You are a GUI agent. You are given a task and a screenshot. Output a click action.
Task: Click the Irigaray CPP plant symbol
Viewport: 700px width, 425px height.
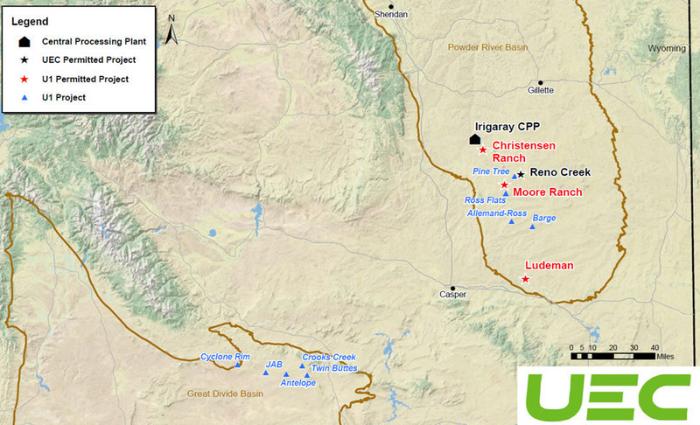(474, 138)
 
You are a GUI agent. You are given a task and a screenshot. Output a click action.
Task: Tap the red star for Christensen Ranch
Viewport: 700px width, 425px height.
(483, 150)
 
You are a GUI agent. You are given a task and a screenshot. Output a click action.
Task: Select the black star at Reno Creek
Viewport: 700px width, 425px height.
(521, 174)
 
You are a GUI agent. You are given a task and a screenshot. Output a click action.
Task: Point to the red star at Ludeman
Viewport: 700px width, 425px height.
(525, 279)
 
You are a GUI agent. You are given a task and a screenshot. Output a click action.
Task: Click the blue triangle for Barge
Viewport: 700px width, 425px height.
(532, 227)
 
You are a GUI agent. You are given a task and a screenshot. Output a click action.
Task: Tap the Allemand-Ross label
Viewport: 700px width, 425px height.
(496, 212)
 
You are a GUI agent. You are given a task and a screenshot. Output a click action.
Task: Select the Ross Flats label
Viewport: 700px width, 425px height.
(485, 200)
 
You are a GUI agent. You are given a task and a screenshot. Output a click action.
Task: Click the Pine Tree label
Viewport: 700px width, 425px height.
(491, 171)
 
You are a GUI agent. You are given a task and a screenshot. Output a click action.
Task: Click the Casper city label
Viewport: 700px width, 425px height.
(453, 295)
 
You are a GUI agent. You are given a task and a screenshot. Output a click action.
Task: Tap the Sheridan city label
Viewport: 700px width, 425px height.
(391, 15)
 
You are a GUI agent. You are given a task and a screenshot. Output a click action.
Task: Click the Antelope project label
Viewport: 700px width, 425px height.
(297, 383)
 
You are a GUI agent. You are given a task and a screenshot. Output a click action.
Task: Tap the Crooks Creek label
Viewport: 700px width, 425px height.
(328, 357)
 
